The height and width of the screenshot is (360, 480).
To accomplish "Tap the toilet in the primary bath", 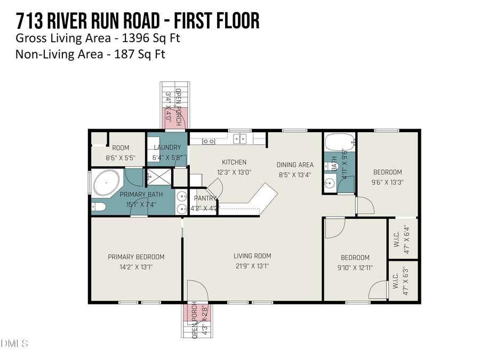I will point(99,207).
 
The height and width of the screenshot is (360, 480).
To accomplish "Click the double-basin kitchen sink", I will point(239,139).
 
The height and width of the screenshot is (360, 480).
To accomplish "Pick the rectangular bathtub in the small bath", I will point(338,143).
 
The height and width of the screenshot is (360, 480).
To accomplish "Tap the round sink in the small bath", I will point(329,185).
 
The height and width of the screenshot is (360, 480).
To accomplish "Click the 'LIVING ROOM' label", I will point(252,257).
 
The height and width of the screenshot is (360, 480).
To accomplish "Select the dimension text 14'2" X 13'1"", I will point(136,267).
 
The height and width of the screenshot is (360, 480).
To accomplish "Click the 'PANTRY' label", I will point(205,198).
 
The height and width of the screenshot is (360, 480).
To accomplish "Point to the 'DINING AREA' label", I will point(295,165).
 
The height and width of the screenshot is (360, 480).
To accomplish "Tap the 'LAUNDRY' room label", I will point(167,148).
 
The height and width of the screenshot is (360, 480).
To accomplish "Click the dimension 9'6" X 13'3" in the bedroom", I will point(387,182).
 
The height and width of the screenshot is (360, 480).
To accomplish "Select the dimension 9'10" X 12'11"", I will point(355,267).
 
